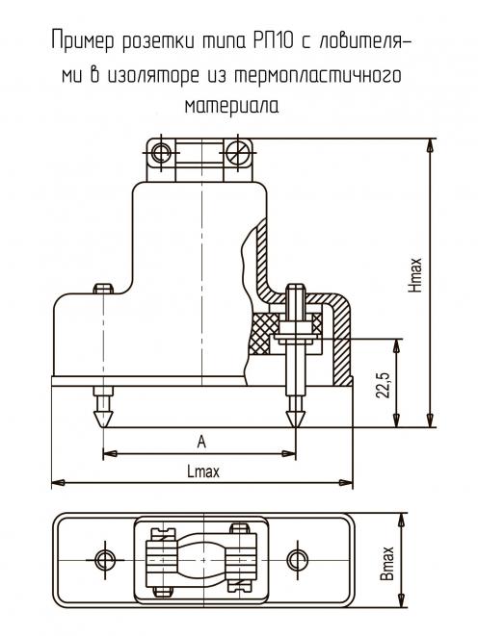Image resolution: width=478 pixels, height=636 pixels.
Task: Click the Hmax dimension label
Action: [x=415, y=274]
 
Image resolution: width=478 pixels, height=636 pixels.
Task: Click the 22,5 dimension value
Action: [x=383, y=384]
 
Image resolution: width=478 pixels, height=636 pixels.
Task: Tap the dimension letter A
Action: [x=201, y=442]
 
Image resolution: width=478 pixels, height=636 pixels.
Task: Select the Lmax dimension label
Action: [x=203, y=471]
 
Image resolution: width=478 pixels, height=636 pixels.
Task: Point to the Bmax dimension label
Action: [x=387, y=563]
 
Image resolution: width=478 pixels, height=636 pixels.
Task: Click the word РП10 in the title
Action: [x=274, y=41]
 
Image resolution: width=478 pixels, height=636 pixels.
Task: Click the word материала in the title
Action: [x=232, y=106]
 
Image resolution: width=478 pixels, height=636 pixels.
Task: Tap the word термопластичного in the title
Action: [x=318, y=76]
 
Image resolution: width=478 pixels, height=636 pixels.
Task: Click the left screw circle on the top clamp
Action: [x=161, y=153]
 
